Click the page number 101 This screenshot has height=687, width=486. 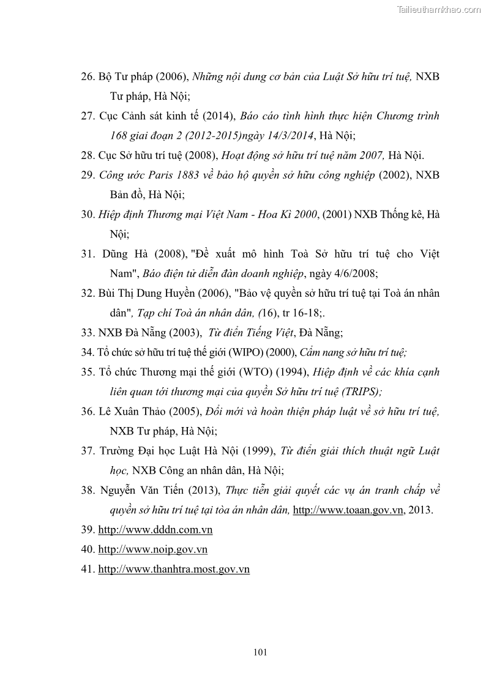point(260,652)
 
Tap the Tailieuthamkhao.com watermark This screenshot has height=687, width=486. point(439,9)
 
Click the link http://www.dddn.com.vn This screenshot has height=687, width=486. point(155,530)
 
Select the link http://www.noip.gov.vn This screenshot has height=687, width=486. point(153,549)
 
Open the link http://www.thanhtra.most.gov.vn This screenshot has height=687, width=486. point(174,569)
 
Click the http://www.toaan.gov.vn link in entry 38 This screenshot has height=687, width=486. point(348,510)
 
